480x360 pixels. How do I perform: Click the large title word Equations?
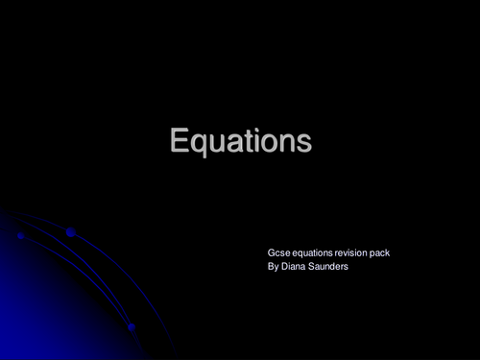coord(240,141)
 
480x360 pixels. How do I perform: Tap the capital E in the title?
coord(179,141)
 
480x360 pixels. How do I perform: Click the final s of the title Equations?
coord(304,143)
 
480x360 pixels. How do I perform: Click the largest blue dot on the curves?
coord(71,231)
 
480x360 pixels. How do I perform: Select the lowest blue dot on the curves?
coord(132,327)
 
